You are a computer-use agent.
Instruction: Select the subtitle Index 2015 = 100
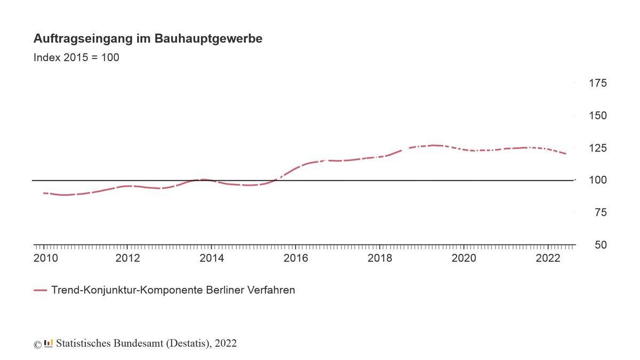76,58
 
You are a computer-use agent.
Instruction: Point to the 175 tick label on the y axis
597,83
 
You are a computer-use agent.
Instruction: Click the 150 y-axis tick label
597,116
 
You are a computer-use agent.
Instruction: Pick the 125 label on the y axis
597,148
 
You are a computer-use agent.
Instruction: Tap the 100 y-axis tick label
597,180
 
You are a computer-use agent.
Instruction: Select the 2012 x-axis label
127,259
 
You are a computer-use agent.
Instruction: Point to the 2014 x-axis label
212,259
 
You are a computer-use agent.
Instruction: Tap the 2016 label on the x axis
296,259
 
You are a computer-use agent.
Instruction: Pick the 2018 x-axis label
380,259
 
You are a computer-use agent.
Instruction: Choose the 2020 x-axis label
464,259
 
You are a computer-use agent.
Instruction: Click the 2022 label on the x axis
548,259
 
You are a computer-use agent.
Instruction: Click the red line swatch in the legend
40,291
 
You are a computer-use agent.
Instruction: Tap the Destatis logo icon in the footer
49,343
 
